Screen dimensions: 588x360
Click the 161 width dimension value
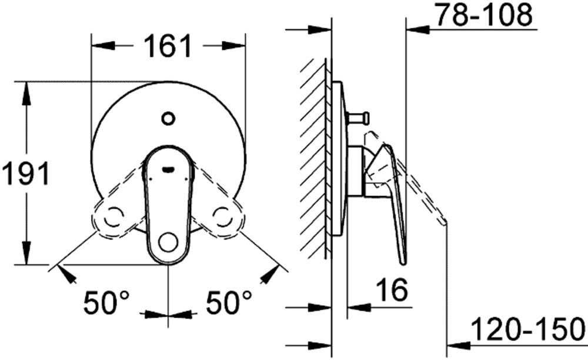168,46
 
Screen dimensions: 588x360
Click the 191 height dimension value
25,174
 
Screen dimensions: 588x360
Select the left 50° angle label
106,302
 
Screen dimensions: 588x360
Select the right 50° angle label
228,302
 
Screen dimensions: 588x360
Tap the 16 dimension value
392,289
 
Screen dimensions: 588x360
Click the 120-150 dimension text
528,328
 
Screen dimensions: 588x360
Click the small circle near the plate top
168,118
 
